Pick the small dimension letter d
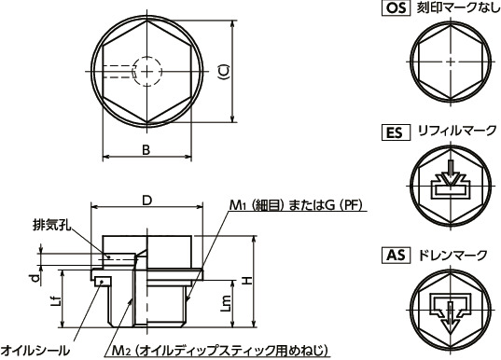click(x=34, y=277)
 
